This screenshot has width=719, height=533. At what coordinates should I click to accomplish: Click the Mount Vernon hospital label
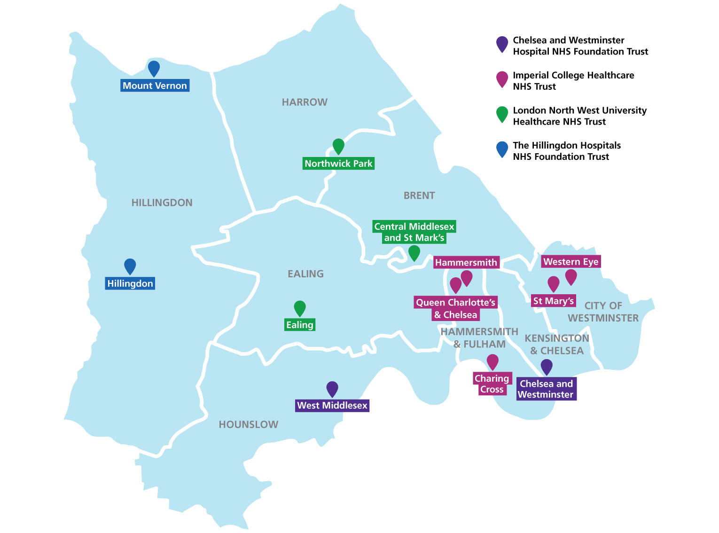pyautogui.click(x=155, y=86)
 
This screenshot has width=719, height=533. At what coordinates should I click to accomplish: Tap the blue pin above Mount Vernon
pyautogui.click(x=154, y=68)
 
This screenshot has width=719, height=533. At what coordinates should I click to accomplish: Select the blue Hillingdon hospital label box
pyautogui.click(x=130, y=283)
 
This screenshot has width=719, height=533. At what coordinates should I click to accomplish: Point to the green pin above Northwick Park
pyautogui.click(x=338, y=146)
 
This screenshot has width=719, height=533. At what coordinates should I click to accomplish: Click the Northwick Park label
pyautogui.click(x=338, y=164)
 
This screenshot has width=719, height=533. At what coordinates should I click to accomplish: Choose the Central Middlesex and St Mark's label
pyautogui.click(x=414, y=232)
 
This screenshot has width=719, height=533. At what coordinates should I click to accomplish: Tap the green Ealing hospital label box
pyautogui.click(x=300, y=325)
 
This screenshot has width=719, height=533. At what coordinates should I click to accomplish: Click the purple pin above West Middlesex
pyautogui.click(x=332, y=388)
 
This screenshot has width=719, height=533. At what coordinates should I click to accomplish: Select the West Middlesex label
pyautogui.click(x=332, y=406)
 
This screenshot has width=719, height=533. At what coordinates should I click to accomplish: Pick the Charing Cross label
pyautogui.click(x=492, y=384)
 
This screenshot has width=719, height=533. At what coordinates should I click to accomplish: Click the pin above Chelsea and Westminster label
pyautogui.click(x=547, y=366)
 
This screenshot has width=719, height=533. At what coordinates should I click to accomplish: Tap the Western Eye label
pyautogui.click(x=571, y=262)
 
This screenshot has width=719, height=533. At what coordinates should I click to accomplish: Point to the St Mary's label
pyautogui.click(x=554, y=301)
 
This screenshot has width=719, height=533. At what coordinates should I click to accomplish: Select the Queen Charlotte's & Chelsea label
pyautogui.click(x=455, y=309)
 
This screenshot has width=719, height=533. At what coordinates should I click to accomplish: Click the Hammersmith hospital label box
pyautogui.click(x=466, y=263)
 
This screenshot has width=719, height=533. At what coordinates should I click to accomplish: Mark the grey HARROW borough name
pyautogui.click(x=305, y=102)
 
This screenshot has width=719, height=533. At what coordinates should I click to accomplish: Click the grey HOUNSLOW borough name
pyautogui.click(x=249, y=424)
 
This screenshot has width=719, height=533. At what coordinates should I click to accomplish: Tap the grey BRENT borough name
pyautogui.click(x=419, y=196)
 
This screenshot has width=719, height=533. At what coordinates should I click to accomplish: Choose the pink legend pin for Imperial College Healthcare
pyautogui.click(x=502, y=79)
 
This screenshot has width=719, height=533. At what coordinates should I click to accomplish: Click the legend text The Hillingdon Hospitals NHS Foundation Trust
pyautogui.click(x=566, y=151)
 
